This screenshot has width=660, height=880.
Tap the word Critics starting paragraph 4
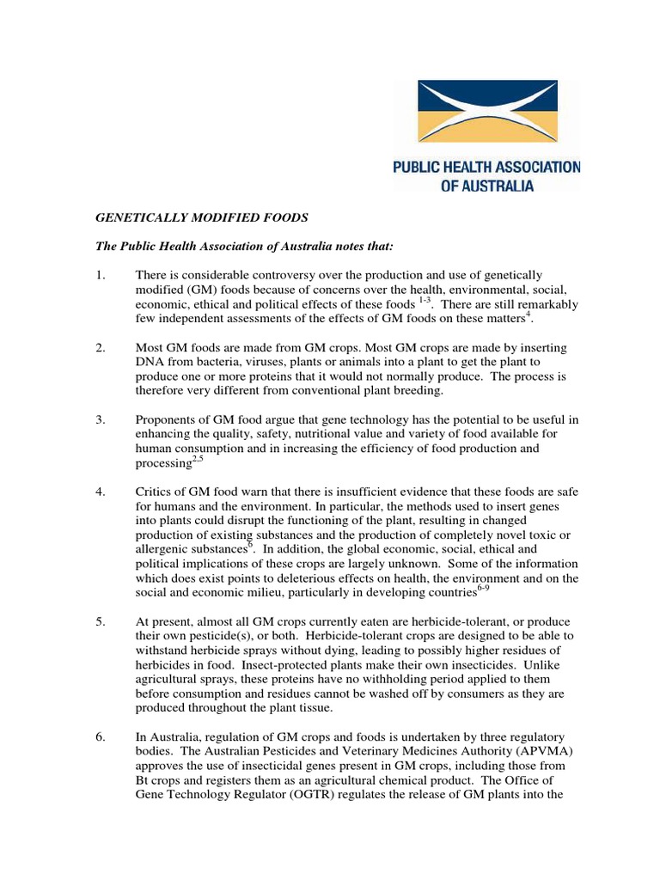coord(154,492)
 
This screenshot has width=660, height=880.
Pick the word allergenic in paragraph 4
coord(167,550)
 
